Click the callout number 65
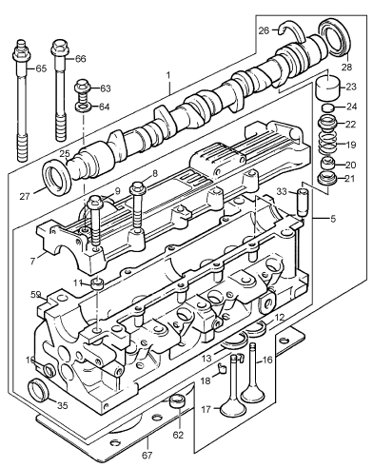[41, 68]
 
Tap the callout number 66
[81, 59]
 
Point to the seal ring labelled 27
[57, 177]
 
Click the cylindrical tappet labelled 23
[329, 87]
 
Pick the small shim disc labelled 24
[328, 107]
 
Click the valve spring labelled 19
[328, 145]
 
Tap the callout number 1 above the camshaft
[168, 75]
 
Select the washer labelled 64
[84, 107]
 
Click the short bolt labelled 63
[83, 90]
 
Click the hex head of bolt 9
[95, 202]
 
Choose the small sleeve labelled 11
[98, 283]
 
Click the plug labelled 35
[38, 389]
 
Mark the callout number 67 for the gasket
[147, 455]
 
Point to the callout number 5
[332, 219]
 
